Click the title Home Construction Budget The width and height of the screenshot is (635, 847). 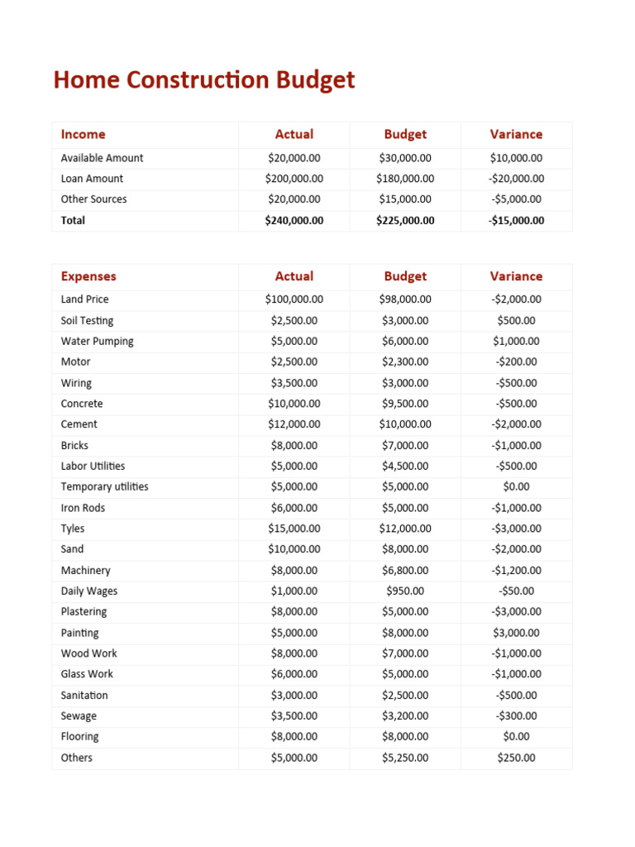click(x=203, y=80)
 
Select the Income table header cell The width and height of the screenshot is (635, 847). click(x=83, y=134)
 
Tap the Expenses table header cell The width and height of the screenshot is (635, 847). click(x=88, y=276)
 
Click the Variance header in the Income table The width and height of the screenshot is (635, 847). click(x=516, y=134)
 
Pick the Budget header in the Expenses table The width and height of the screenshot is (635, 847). click(x=405, y=276)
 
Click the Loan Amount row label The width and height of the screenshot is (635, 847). click(x=92, y=179)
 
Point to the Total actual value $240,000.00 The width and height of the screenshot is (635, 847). click(x=294, y=220)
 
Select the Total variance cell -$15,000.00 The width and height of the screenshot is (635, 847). click(x=516, y=220)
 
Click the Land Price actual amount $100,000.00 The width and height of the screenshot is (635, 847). click(x=294, y=299)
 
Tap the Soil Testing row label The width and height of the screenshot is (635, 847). click(x=87, y=320)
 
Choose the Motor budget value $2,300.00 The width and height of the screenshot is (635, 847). click(x=405, y=361)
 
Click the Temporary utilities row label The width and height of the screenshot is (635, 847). click(x=104, y=486)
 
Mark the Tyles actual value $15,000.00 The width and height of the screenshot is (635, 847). click(x=294, y=529)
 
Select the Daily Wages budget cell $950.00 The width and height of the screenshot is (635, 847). click(x=405, y=591)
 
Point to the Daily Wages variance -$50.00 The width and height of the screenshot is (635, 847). click(x=516, y=591)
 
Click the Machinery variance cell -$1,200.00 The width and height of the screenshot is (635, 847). click(x=516, y=570)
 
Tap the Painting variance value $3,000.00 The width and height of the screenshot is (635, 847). click(x=516, y=633)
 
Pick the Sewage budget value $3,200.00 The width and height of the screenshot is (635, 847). click(x=405, y=715)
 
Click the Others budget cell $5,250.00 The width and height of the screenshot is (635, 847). click(x=405, y=758)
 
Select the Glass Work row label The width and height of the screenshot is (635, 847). click(x=87, y=674)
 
